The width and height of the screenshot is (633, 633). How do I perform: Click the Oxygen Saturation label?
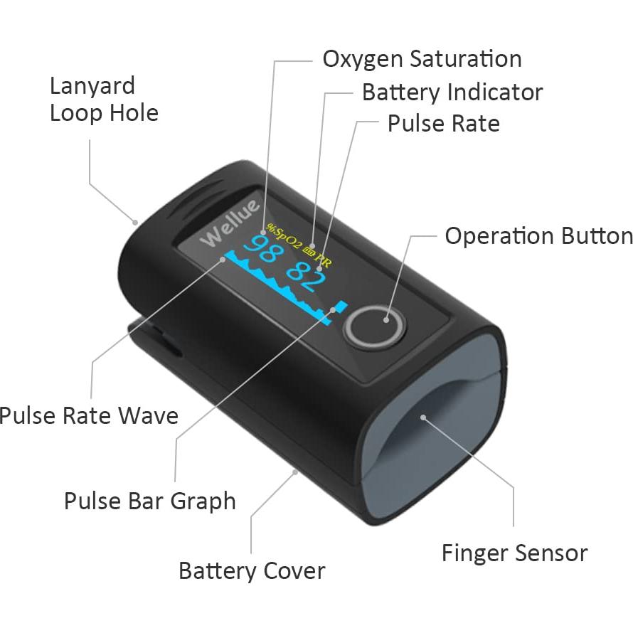422,58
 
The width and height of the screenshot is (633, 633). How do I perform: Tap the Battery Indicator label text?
452,92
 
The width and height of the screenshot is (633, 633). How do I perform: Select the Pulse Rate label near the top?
443,124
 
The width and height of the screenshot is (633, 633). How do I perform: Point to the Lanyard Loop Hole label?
103,100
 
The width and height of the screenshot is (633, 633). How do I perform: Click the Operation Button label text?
538,236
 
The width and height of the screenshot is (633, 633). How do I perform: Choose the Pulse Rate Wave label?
89,415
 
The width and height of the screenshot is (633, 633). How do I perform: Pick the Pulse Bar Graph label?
149,501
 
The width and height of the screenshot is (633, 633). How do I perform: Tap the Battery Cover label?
251,570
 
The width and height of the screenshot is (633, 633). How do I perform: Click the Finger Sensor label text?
514,553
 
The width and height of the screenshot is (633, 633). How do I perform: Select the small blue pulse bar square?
342,306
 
